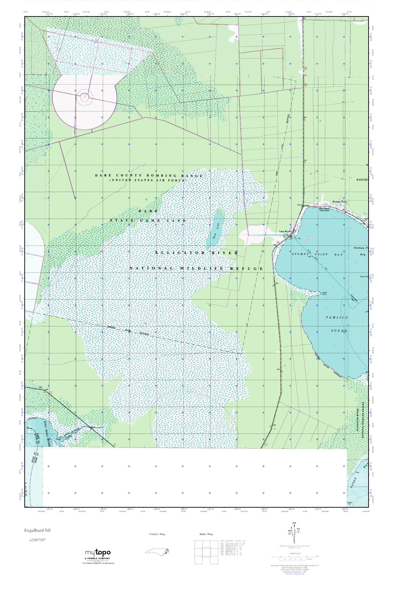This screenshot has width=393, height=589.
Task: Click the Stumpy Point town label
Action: point(340,202)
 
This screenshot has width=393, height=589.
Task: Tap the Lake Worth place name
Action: point(285,232)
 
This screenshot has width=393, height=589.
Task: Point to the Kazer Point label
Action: point(324,293)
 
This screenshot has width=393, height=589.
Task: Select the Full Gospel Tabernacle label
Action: point(324,209)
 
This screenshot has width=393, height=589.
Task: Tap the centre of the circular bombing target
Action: point(85,96)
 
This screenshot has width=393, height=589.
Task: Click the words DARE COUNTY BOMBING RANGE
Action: point(149,176)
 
